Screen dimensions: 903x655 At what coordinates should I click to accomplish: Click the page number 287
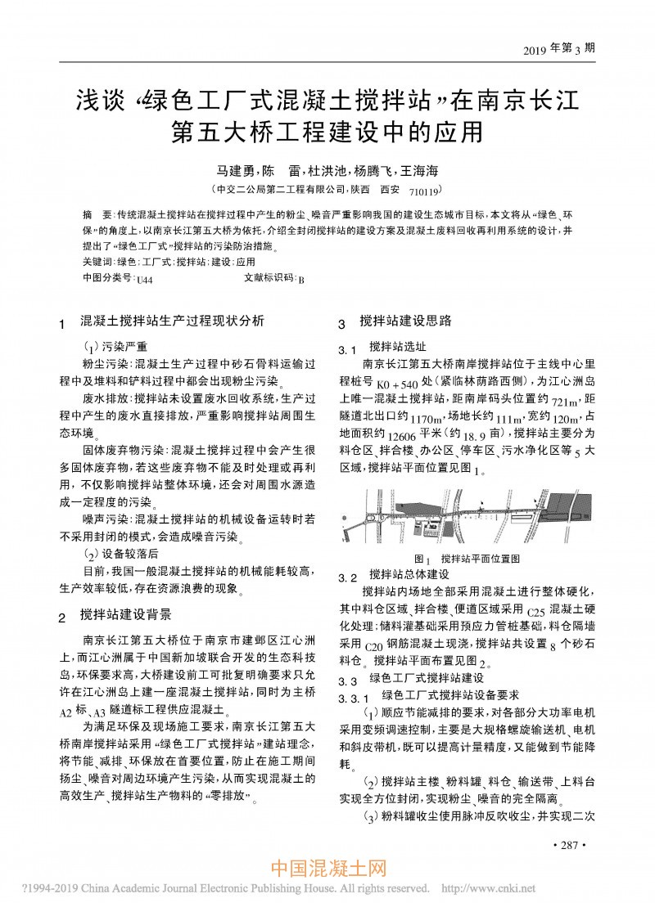tap(570, 843)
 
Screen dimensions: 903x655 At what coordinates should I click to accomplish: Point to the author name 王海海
tap(419, 171)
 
